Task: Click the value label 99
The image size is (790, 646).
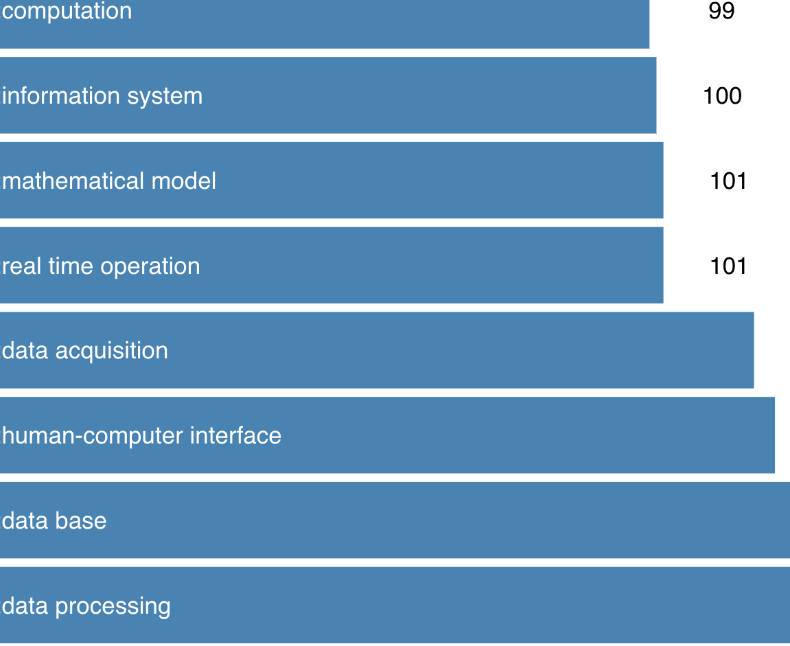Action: pyautogui.click(x=721, y=11)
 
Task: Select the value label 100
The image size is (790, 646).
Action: pyautogui.click(x=722, y=95)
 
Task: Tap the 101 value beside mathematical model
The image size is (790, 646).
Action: pyautogui.click(x=728, y=181)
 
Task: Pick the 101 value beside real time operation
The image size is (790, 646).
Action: pyautogui.click(x=728, y=266)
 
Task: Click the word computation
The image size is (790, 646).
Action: pyautogui.click(x=67, y=11)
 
